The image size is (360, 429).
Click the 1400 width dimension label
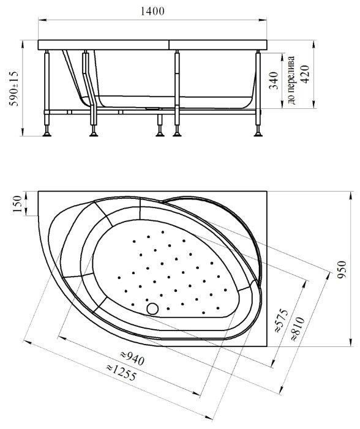point(152,11)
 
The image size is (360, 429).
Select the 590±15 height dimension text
point(13,89)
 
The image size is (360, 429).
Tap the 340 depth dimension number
point(274,80)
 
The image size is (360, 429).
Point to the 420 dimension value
point(306,74)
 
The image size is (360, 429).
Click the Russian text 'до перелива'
point(291,80)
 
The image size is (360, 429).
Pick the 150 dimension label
point(17,204)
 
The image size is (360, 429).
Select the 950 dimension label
point(342,270)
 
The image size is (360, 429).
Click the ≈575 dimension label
point(282,321)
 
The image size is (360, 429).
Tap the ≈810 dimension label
point(297,329)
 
